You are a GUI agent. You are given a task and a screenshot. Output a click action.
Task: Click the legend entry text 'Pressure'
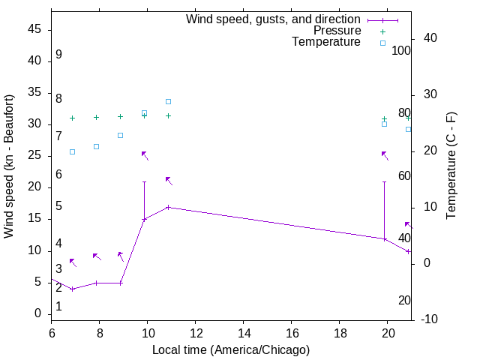(x=337, y=31)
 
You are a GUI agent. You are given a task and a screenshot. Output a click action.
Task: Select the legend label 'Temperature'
(x=326, y=42)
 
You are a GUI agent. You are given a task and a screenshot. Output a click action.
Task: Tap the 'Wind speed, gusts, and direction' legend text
(x=273, y=19)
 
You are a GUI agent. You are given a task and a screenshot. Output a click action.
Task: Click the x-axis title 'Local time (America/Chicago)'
(x=230, y=349)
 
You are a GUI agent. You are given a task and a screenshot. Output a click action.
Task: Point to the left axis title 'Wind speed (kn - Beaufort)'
(x=9, y=166)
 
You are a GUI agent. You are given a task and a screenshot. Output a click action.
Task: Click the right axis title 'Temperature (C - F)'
(x=451, y=166)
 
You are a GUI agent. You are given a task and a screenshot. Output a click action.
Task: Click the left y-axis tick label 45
(x=34, y=30)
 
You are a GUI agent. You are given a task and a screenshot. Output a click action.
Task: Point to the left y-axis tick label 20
(x=34, y=187)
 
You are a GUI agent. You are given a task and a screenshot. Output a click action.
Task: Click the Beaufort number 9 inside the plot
(x=58, y=55)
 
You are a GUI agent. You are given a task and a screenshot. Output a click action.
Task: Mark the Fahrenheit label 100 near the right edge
(x=401, y=50)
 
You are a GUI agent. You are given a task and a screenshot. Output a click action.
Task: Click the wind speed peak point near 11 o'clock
(x=168, y=207)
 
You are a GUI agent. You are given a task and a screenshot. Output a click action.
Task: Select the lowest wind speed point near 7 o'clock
(x=72, y=289)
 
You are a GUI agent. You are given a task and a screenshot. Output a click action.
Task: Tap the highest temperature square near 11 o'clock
(x=168, y=101)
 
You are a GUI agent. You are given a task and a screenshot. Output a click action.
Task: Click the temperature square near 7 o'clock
(x=72, y=151)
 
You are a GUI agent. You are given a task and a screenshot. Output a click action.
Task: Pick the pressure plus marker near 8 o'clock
(x=96, y=117)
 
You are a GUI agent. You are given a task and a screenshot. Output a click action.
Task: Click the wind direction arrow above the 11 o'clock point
(x=169, y=181)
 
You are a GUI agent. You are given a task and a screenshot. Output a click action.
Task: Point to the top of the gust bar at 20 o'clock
(x=384, y=181)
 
